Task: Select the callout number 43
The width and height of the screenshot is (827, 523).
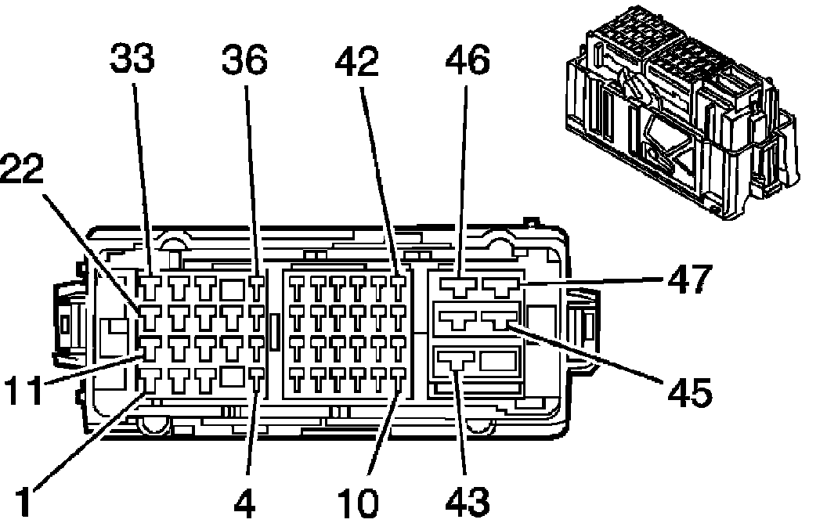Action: (x=468, y=502)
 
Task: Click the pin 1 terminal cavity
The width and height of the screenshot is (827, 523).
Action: (x=151, y=381)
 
